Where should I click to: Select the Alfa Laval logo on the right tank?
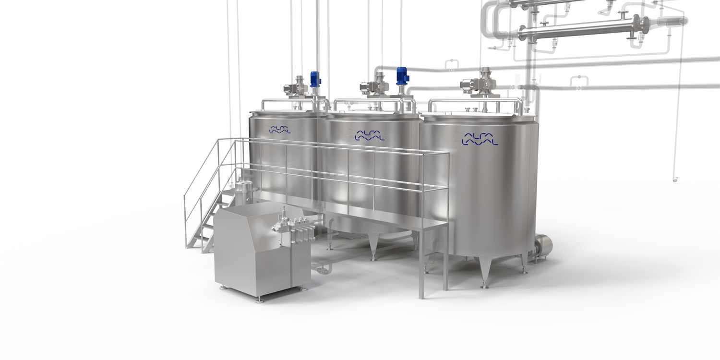click(480, 137)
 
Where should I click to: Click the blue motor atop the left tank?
click(315, 79)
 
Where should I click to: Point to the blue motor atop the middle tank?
click(401, 77)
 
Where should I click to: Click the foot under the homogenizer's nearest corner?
click(260, 300)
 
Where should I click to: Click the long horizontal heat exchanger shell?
click(576, 30)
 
